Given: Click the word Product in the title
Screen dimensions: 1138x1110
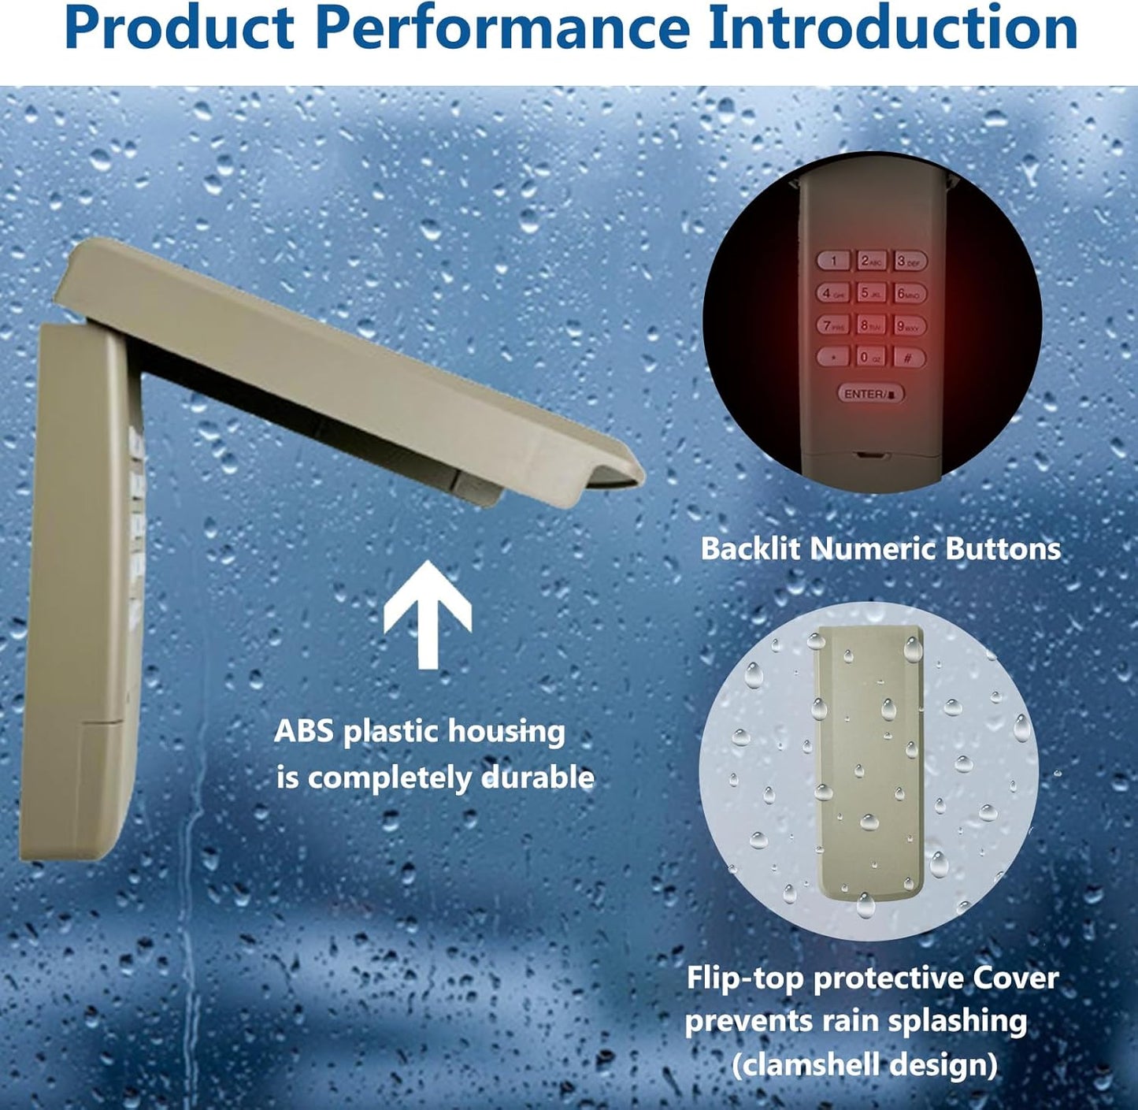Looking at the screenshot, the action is click(x=180, y=28).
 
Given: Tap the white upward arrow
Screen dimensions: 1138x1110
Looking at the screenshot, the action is click(x=428, y=614).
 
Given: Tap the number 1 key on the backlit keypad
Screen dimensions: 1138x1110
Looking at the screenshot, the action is click(x=833, y=261).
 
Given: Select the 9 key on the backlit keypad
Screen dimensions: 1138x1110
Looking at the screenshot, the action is click(x=909, y=325).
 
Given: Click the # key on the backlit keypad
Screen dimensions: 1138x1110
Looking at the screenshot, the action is click(x=909, y=358).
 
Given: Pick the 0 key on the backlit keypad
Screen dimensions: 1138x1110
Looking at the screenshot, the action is click(x=871, y=356).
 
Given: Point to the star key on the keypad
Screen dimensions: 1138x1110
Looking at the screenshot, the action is click(x=833, y=356).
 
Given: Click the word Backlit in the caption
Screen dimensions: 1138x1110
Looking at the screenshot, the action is click(x=751, y=548).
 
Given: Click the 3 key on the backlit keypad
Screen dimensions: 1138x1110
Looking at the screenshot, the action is click(x=910, y=262).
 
